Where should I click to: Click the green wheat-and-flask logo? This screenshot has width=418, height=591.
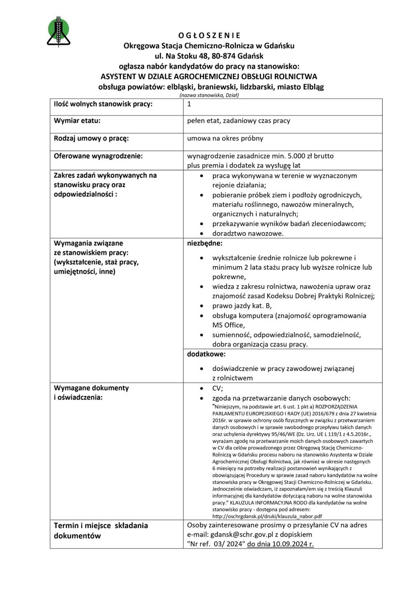[58, 32]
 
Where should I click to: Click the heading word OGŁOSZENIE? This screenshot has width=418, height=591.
[209, 36]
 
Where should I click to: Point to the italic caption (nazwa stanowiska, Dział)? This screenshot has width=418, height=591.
[209, 95]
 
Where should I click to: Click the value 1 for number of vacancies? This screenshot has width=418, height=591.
[189, 104]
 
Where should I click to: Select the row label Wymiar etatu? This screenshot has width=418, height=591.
[77, 121]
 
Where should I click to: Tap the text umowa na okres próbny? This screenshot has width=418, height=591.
[225, 138]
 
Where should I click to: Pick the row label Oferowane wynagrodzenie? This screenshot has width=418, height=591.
[98, 156]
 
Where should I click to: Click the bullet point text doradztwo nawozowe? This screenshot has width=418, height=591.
[248, 233]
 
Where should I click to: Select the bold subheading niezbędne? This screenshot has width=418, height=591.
[205, 243]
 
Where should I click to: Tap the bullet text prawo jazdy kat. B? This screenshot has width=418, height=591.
[242, 306]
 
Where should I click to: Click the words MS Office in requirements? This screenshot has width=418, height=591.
[228, 325]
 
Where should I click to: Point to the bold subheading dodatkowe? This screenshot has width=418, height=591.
[206, 354]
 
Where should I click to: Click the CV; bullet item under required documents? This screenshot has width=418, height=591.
[217, 388]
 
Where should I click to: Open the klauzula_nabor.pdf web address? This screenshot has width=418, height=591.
[267, 516]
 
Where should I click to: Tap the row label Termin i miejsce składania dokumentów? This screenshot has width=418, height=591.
[101, 530]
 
